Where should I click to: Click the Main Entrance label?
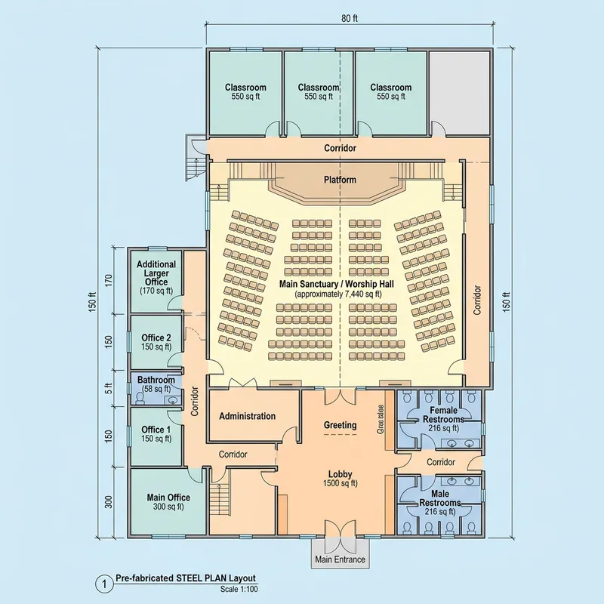pos(340,559)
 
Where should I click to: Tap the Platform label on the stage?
pos(340,180)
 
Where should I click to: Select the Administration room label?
pos(247,416)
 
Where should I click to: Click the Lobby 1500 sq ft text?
pos(340,479)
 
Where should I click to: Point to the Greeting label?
pos(340,425)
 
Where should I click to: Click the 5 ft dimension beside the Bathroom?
pos(108,388)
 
